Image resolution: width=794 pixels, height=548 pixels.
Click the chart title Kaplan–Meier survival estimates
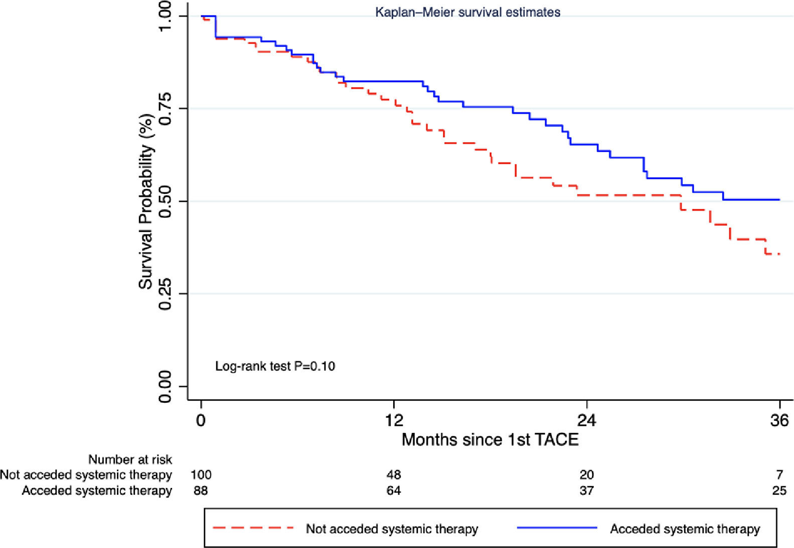click(x=467, y=12)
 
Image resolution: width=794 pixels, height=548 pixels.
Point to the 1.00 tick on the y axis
click(x=165, y=16)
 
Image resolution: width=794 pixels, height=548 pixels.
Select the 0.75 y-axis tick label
click(x=165, y=108)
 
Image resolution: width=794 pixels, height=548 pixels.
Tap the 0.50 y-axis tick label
click(x=165, y=201)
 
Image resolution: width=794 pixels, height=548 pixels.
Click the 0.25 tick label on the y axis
click(x=165, y=294)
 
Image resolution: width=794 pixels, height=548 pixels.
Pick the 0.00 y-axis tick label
click(x=165, y=386)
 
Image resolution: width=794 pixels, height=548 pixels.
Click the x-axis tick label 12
click(x=394, y=420)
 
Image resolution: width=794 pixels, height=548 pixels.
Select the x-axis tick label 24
click(x=586, y=420)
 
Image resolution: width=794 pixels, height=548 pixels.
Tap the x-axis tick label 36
click(x=779, y=420)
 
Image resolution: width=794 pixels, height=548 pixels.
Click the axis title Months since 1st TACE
click(x=490, y=439)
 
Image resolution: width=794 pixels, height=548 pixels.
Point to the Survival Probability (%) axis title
click(x=146, y=201)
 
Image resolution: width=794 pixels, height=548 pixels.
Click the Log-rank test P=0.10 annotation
click(x=275, y=366)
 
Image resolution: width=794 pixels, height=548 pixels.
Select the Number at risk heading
click(x=130, y=459)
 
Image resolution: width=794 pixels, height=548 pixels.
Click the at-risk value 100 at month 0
click(x=201, y=474)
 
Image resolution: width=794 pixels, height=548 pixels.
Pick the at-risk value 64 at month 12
click(x=394, y=490)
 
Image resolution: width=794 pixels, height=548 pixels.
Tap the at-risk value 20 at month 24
click(x=586, y=474)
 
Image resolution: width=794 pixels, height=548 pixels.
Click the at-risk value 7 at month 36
click(x=779, y=474)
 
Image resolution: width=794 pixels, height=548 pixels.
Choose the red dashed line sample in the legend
click(x=253, y=528)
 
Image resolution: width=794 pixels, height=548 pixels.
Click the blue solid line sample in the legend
click(x=557, y=528)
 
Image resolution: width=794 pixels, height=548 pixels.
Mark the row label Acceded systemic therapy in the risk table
click(x=97, y=490)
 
